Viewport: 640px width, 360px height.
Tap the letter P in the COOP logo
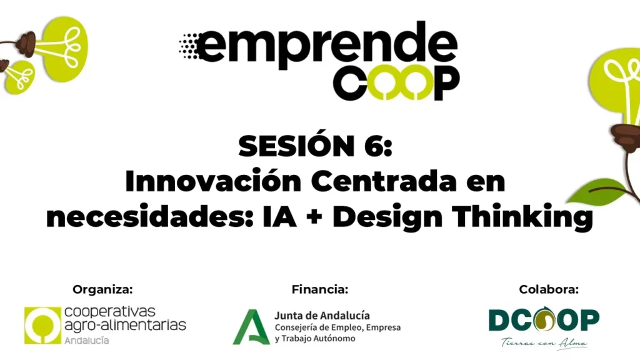(x=446, y=83)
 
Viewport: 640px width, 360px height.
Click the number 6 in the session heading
(x=371, y=146)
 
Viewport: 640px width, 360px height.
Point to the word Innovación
(x=213, y=180)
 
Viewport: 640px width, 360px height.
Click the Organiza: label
(x=103, y=289)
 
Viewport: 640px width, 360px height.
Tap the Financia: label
(x=320, y=289)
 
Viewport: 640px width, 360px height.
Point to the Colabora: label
(x=549, y=289)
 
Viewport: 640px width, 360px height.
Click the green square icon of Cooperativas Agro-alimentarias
(x=42, y=325)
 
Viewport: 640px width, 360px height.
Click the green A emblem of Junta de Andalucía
(x=251, y=327)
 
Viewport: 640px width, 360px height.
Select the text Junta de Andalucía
(x=322, y=316)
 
